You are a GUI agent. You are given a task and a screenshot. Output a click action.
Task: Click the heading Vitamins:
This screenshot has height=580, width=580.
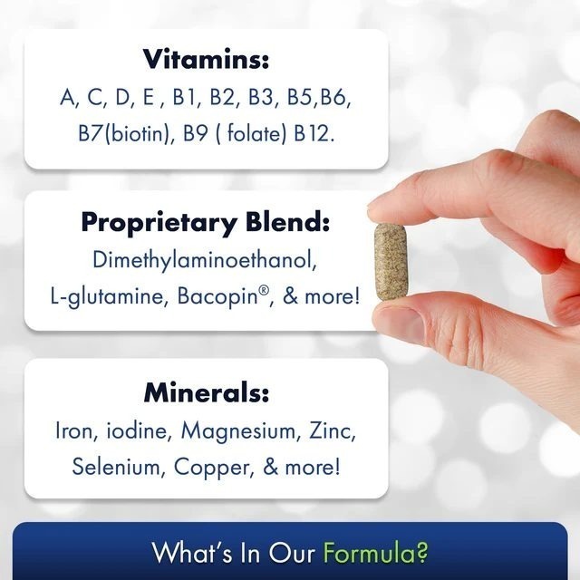coord(207,60)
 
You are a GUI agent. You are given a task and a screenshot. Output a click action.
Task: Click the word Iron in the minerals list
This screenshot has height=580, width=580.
coord(74,430)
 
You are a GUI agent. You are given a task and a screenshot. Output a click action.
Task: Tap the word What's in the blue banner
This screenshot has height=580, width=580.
coord(187,552)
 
